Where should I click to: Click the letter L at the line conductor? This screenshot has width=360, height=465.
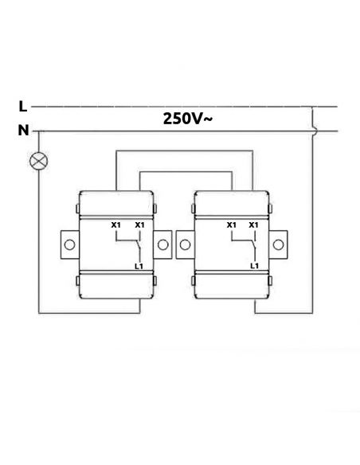coord(23,106)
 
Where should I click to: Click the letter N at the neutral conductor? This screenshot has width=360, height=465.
coord(23,131)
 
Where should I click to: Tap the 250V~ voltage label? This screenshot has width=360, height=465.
coord(188,119)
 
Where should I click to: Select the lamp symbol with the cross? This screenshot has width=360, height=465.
coord(38,161)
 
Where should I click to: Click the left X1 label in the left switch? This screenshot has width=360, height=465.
coord(115,225)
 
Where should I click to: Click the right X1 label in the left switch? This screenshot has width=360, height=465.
coord(139,225)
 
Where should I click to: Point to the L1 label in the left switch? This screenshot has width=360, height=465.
coord(139,266)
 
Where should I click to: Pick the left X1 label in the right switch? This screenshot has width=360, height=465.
coord(231,225)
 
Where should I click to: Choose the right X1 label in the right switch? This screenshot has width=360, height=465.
coord(253,225)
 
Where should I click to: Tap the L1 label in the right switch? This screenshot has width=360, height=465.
coord(254,266)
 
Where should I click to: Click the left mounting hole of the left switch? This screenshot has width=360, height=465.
coord(69,245)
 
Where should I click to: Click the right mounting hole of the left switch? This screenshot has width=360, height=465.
coord(162,244)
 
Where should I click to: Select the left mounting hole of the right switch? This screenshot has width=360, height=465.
coord(185,244)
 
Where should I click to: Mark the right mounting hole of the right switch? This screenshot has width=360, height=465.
coord(278,244)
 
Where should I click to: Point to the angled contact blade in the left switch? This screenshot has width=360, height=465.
coord(138,244)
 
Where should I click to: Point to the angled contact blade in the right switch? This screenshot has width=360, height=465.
coord(253,244)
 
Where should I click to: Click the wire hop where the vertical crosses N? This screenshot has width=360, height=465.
coord(314,131)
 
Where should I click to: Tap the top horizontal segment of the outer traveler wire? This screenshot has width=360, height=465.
coord(184,151)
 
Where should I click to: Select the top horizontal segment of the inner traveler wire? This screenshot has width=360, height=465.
coord(186,172)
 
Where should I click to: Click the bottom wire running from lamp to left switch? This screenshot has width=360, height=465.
coord(89,313)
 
